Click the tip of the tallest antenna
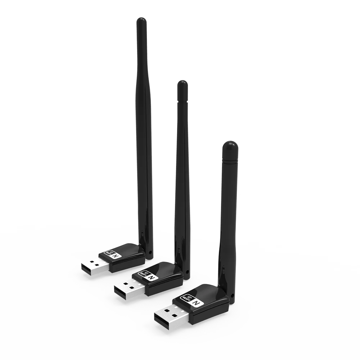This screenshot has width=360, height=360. click(141, 20)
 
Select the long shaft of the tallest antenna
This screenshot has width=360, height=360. click(144, 126)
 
